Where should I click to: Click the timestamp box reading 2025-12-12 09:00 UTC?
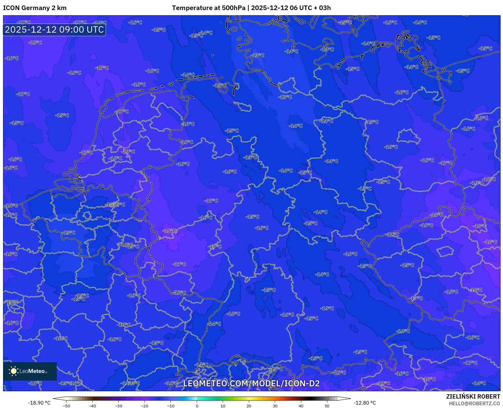[54, 30]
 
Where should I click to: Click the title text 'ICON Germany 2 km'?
[35, 8]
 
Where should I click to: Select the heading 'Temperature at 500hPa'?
[208, 8]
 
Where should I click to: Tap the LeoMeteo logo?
[30, 371]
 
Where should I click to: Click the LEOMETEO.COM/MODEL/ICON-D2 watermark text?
[251, 383]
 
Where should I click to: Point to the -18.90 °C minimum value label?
[39, 403]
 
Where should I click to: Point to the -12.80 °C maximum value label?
[365, 403]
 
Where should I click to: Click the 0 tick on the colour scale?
[197, 406]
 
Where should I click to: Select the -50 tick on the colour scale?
[66, 406]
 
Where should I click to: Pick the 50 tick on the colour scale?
[327, 406]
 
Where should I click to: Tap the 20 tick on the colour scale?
[249, 406]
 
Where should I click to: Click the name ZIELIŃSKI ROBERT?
[473, 397]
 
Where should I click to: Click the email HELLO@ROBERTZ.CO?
[474, 403]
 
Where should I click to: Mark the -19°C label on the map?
[384, 383]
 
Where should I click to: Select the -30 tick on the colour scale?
[119, 406]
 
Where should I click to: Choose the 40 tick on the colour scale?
[301, 406]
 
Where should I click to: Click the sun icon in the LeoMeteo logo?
[13, 371]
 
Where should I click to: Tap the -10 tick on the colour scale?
[171, 406]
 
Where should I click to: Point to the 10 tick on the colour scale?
[223, 406]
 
